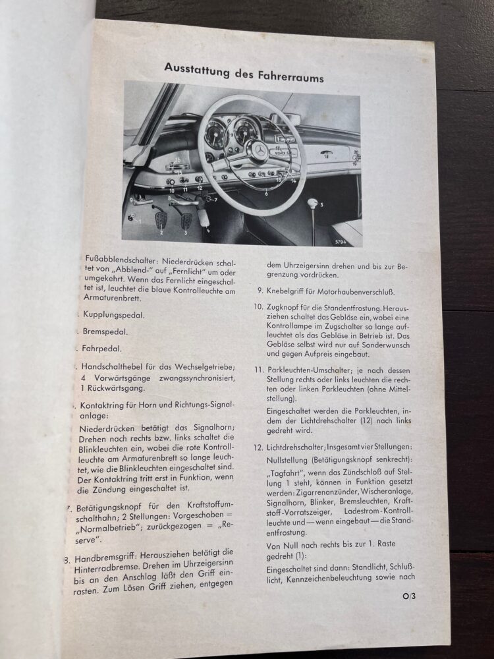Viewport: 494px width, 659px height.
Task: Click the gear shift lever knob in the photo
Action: (312, 202)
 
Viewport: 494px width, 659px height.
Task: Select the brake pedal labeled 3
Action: (186, 221)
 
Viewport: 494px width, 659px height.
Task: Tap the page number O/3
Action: (410, 616)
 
